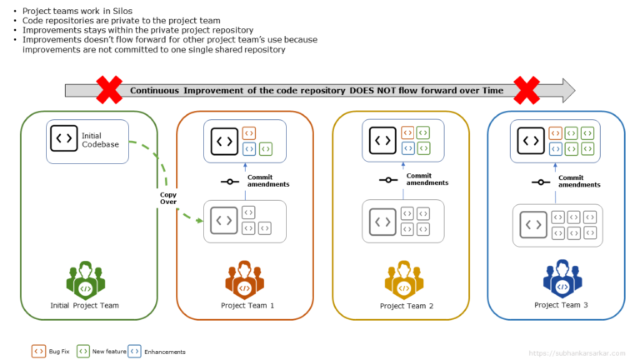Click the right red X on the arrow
(527, 89)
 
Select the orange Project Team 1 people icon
(244, 280)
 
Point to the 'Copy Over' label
(168, 198)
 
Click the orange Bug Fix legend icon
(37, 352)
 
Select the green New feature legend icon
(82, 352)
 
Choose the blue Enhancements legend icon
(134, 352)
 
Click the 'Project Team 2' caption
(406, 306)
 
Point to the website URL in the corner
(576, 352)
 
